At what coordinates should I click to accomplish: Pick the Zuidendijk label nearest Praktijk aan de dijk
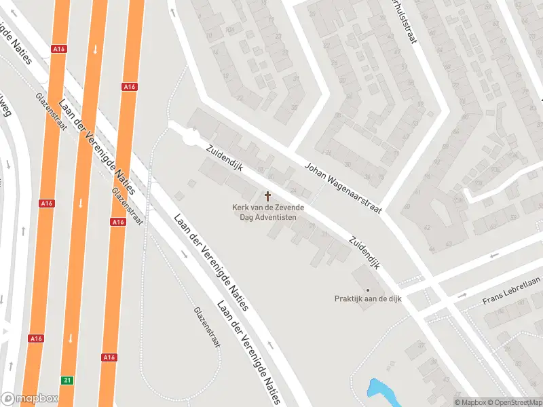[x=364, y=252]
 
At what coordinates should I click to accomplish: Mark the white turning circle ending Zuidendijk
[x=191, y=138]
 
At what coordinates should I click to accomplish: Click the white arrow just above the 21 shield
[x=70, y=338]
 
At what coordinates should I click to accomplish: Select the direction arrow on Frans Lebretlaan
[x=463, y=296]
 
